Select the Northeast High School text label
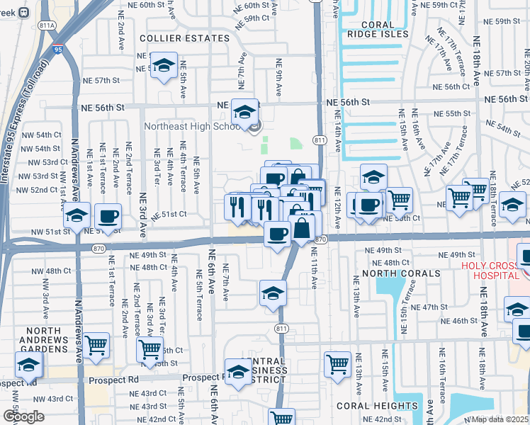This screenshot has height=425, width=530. point(191,127)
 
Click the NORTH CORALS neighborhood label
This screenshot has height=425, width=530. point(393,273)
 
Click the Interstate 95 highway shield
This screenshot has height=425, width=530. point(58,49)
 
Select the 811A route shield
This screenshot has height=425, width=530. point(47,25)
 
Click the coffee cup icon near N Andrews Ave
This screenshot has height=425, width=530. point(108,216)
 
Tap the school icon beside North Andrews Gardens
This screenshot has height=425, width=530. point(28,365)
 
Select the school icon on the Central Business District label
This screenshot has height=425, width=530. point(238,371)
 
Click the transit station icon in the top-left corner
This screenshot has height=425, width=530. point(23,12)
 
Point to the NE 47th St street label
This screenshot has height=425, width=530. point(440,307)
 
